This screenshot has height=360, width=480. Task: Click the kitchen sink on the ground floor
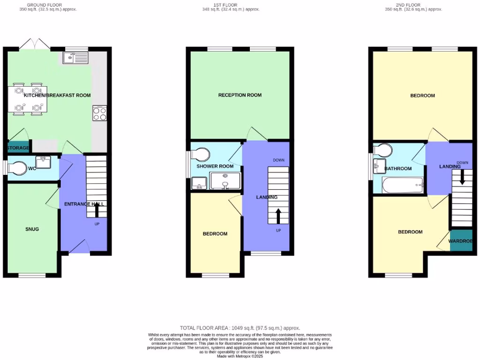pos(75,58)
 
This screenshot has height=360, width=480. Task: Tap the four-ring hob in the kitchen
pos(99,114)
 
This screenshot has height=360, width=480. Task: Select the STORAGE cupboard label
pos(18,148)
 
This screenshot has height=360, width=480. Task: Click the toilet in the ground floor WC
pos(18,168)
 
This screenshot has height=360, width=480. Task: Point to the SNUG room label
pos(32,229)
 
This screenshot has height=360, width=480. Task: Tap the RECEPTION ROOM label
pos(240,95)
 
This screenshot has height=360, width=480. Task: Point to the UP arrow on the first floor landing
pos(277,217)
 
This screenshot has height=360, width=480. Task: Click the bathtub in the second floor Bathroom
pos(402,186)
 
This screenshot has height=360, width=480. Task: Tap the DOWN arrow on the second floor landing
pos(462,177)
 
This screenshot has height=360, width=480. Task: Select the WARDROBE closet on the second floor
pos(461,241)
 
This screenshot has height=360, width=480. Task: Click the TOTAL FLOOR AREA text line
pos(240,328)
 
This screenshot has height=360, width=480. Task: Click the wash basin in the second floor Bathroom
pos(379,165)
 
